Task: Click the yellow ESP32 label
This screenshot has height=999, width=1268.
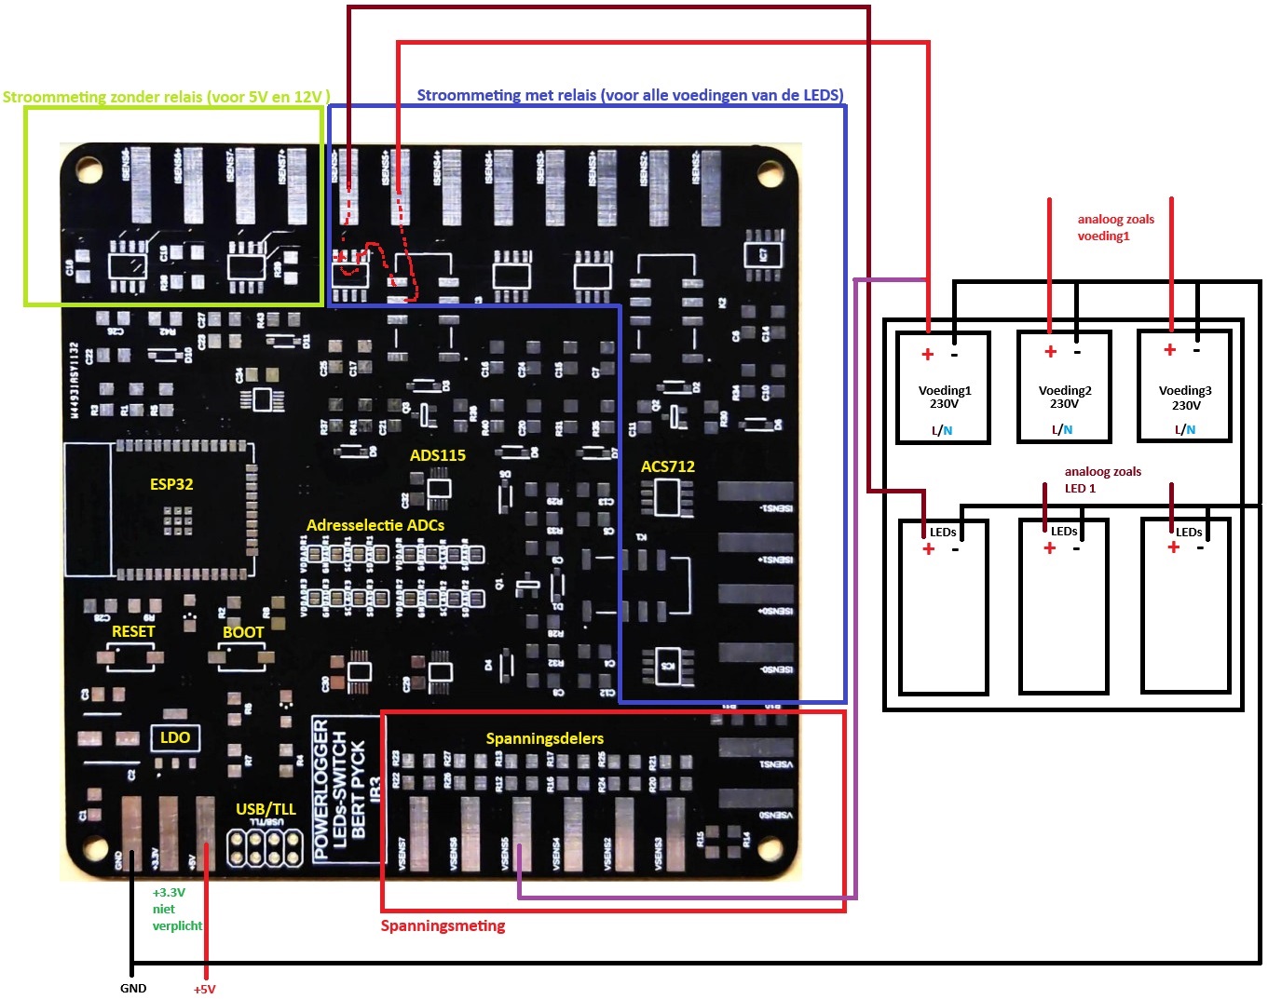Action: click(x=171, y=484)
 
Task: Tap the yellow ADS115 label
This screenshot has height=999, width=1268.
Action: click(x=437, y=455)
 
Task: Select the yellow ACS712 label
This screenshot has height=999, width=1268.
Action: click(x=667, y=466)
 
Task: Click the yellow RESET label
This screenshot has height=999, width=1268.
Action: click(x=133, y=631)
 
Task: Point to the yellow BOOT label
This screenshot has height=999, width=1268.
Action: click(x=243, y=632)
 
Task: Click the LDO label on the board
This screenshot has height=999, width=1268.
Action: click(x=175, y=737)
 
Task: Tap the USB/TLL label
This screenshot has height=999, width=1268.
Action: click(x=266, y=809)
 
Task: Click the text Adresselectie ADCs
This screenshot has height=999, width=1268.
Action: click(x=375, y=525)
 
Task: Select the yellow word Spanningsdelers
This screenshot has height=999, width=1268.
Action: click(x=544, y=738)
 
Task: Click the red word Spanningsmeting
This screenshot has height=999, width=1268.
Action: click(x=443, y=925)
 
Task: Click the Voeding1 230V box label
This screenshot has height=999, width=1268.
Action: click(x=944, y=398)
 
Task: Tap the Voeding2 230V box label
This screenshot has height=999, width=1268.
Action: click(x=1065, y=398)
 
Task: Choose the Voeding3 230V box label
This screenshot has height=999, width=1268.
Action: click(x=1185, y=398)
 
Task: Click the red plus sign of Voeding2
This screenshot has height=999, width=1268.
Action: click(x=1050, y=352)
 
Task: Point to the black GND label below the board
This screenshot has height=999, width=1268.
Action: click(x=133, y=988)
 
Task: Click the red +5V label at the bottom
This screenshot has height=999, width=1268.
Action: click(x=204, y=989)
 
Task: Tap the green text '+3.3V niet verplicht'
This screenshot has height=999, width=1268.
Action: click(x=177, y=909)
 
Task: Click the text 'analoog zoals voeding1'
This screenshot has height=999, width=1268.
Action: click(x=1115, y=228)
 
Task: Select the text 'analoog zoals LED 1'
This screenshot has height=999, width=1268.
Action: click(x=1102, y=479)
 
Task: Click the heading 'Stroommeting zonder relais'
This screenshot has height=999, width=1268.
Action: click(x=166, y=97)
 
